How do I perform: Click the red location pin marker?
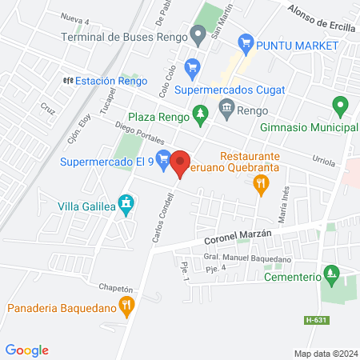click(180, 163)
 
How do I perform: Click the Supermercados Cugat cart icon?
click(191, 68)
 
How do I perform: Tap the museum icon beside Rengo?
click(227, 107)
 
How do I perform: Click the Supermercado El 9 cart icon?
click(163, 158)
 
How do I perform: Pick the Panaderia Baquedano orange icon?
click(126, 304)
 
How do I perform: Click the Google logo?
click(27, 350)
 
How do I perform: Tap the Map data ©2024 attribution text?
click(324, 353)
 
